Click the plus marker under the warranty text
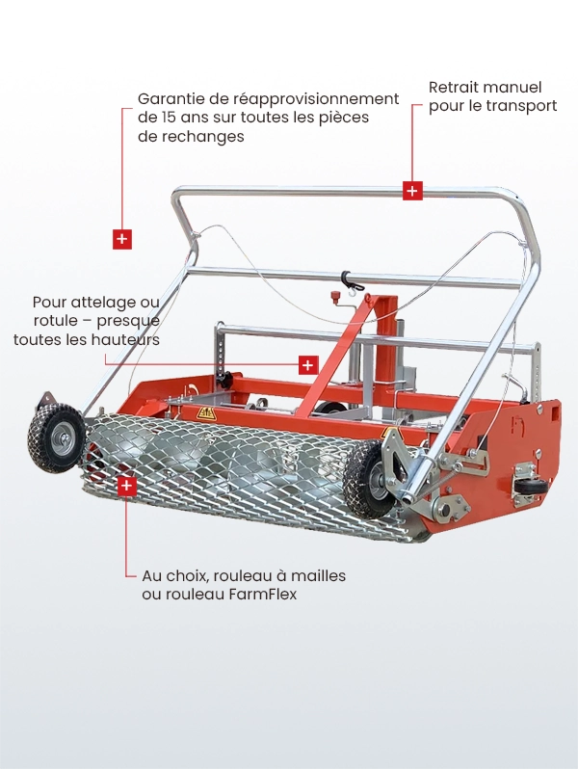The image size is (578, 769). [122, 239]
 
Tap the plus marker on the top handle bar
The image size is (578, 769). [412, 191]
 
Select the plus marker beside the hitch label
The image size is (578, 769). [307, 365]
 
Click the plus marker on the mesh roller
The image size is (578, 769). [126, 487]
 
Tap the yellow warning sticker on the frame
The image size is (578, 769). [205, 413]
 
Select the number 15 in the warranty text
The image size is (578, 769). [171, 118]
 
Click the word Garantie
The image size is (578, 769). [171, 98]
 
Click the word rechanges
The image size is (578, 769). [204, 137]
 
